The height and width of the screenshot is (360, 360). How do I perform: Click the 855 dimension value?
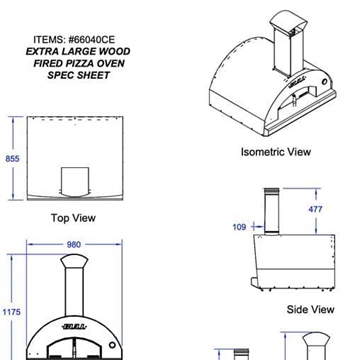click(x=12, y=159)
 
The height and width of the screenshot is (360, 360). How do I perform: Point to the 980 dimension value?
click(x=74, y=244)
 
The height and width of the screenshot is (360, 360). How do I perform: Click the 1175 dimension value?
click(x=11, y=313)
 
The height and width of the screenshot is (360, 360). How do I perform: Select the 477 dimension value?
click(x=316, y=209)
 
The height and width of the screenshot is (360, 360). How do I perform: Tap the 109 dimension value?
click(x=239, y=227)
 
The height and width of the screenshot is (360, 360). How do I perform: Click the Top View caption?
click(x=73, y=217)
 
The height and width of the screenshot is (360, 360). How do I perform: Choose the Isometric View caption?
click(x=275, y=153)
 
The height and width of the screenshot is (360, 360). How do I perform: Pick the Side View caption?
click(x=310, y=310)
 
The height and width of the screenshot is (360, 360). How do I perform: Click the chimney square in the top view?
click(x=74, y=182)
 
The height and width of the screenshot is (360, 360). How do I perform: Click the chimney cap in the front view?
click(x=74, y=261)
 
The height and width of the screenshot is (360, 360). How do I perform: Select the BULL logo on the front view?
click(x=74, y=327)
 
